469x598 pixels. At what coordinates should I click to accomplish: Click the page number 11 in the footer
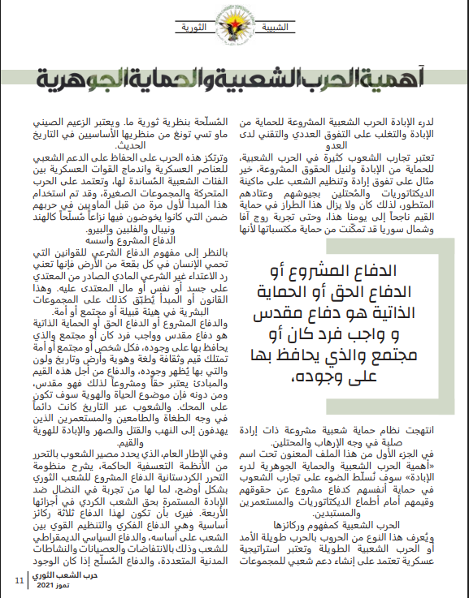click(x=19, y=579)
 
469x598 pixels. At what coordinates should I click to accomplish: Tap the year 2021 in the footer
click(x=47, y=584)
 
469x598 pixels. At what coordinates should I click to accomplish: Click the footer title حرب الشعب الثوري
click(x=62, y=574)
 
